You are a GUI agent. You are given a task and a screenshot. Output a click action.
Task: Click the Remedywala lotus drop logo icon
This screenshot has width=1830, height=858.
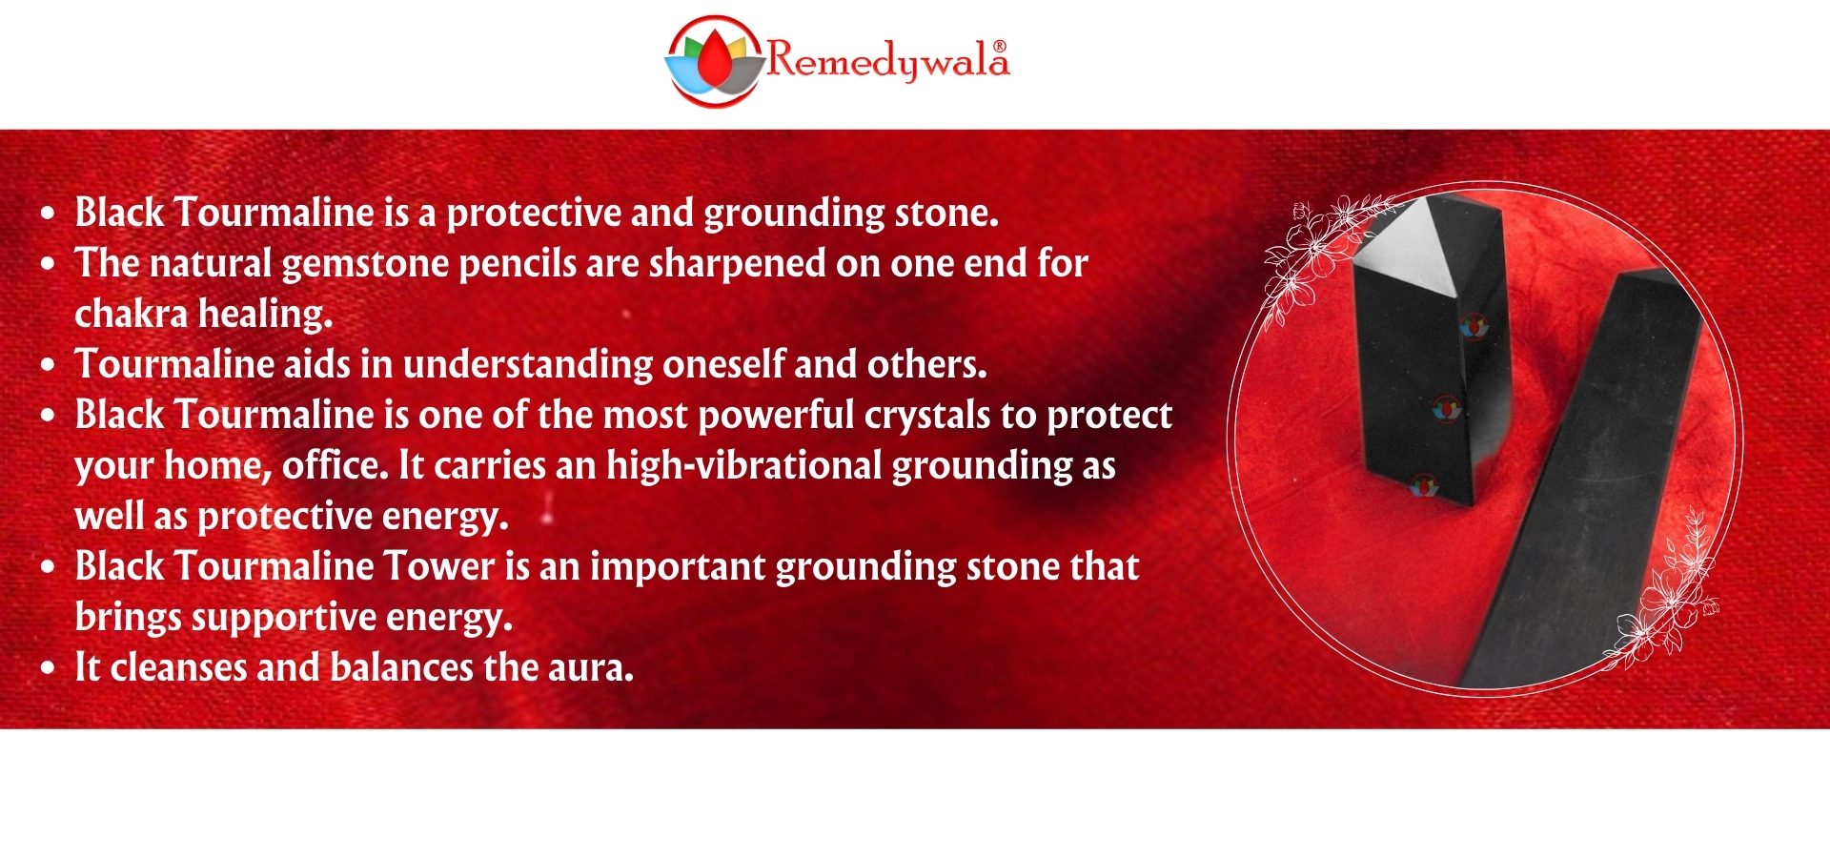tap(715, 61)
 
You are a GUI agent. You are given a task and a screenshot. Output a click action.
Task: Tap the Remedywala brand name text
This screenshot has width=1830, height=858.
tap(887, 59)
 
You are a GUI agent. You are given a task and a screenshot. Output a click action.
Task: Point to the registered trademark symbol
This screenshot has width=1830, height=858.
tap(999, 45)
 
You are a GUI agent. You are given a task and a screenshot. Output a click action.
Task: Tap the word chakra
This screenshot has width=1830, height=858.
tap(131, 314)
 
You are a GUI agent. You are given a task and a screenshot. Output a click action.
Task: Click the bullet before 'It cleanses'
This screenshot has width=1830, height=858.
tap(49, 668)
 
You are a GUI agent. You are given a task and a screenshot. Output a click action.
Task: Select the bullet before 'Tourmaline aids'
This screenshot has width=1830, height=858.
tap(49, 365)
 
